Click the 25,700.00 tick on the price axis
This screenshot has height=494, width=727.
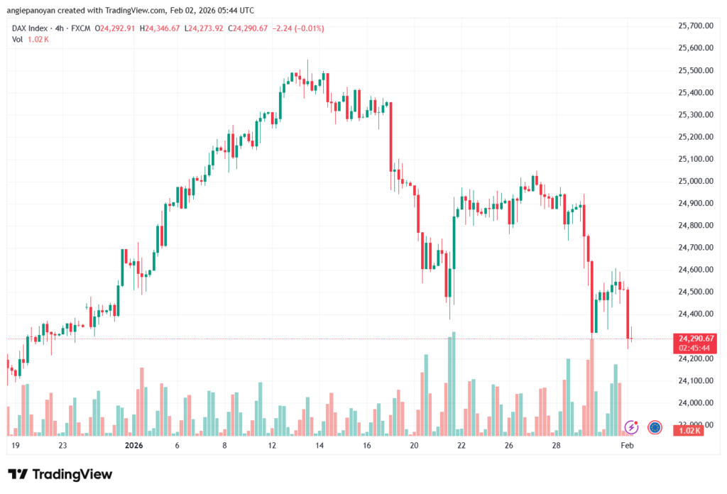[696, 26]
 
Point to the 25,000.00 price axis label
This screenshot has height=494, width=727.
[696, 181]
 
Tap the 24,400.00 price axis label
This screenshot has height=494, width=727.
[696, 314]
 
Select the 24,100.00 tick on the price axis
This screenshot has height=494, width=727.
[696, 381]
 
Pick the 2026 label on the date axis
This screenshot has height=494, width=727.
[133, 446]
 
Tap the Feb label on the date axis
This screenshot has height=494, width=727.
[627, 446]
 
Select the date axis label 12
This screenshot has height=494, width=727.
[271, 446]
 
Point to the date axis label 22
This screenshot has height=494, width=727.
[461, 446]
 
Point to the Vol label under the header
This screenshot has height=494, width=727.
[18, 39]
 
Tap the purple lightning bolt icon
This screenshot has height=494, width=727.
[631, 427]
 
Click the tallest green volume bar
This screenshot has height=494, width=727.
[452, 383]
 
